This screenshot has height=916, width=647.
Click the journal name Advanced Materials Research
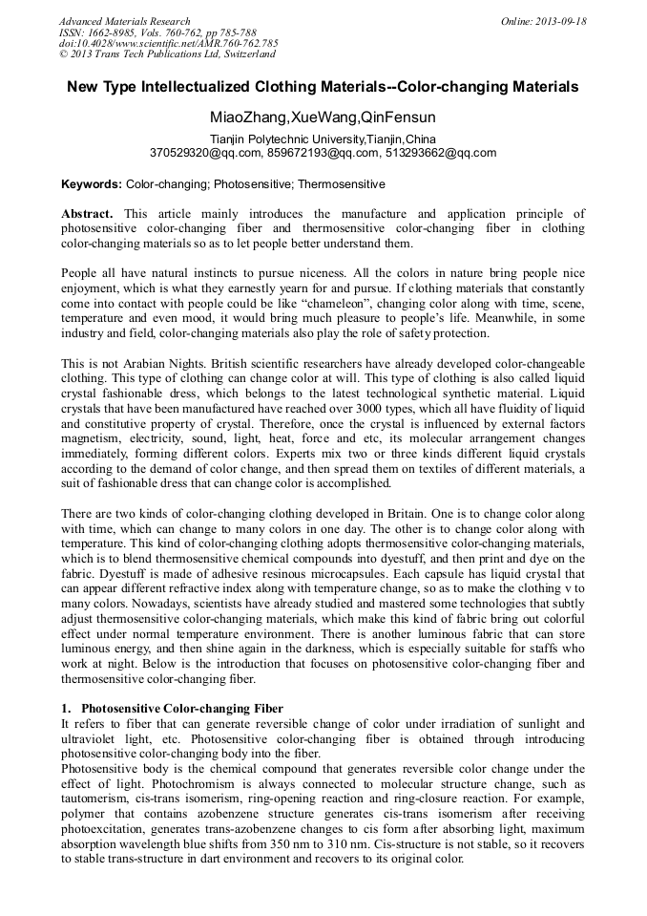124,21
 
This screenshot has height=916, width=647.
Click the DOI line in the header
168,44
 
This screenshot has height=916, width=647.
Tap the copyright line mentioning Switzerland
167,55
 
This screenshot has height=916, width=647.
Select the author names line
323,117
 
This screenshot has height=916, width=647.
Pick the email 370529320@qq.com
204,152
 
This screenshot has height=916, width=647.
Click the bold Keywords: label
92,183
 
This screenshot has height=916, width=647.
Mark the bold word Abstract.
87,214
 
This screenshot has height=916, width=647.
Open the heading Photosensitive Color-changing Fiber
181,709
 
